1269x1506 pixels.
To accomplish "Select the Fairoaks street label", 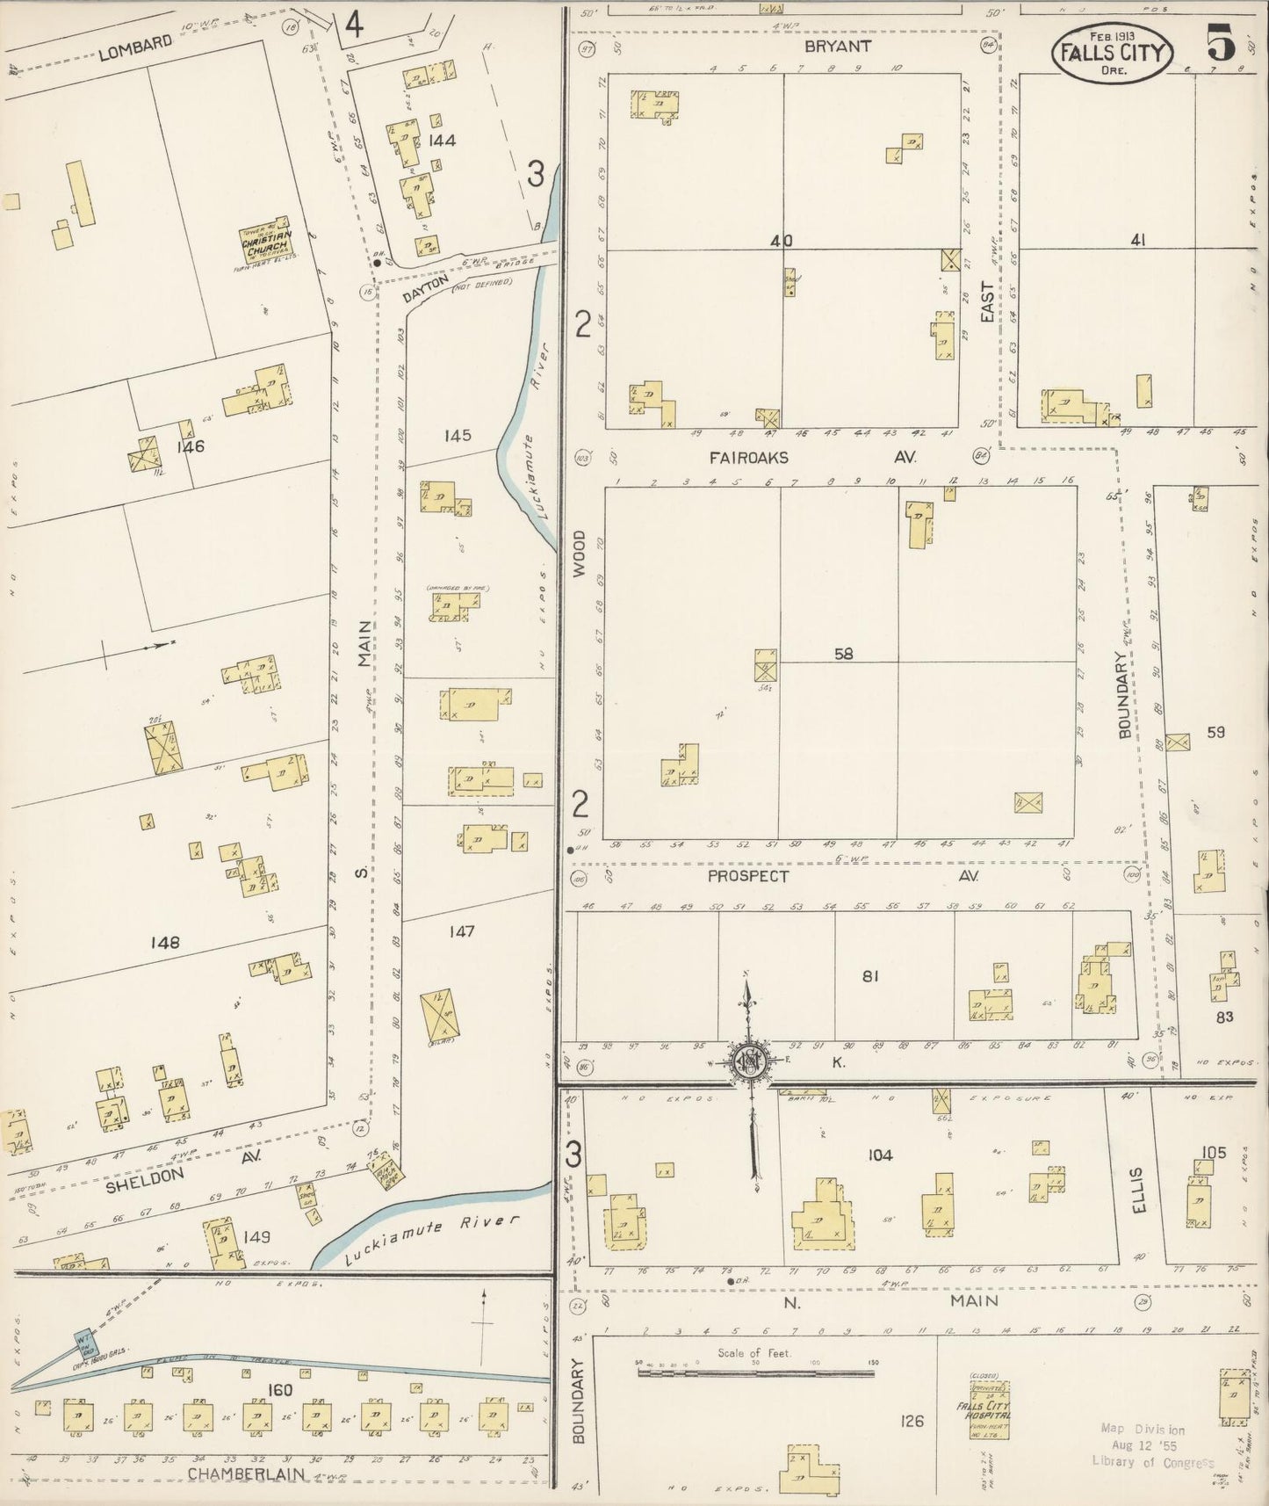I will [x=749, y=458].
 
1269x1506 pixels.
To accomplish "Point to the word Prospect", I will [x=748, y=876].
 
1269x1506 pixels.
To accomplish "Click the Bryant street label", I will [x=837, y=47].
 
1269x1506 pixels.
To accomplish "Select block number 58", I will [x=843, y=654].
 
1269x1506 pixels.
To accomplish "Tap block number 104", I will [x=879, y=1155].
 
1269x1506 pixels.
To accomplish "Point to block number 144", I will [x=442, y=140].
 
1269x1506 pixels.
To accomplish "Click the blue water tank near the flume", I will [x=86, y=1341].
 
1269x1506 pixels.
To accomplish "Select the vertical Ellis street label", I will [x=1139, y=1190].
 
